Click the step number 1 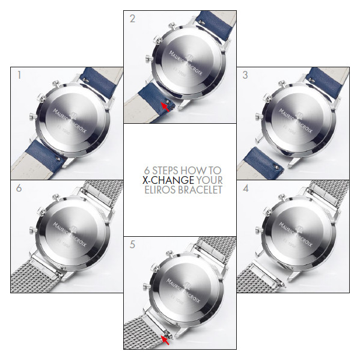click(20, 76)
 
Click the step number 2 click(132, 18)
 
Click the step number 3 click(245, 76)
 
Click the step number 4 click(245, 188)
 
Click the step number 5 click(132, 245)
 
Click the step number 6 click(20, 188)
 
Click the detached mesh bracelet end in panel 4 click(258, 274)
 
